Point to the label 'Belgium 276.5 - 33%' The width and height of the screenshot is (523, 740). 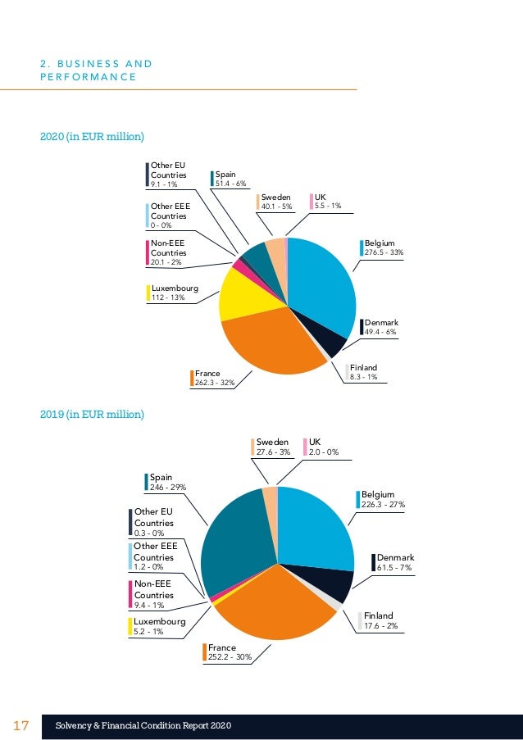click(x=382, y=248)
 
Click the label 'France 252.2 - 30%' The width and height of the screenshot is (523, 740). click(x=230, y=652)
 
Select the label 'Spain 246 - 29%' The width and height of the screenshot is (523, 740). click(x=166, y=481)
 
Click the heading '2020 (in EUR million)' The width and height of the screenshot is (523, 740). click(x=92, y=135)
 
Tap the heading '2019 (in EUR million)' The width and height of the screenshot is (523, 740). click(x=92, y=415)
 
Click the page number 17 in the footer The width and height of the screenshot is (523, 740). click(x=21, y=726)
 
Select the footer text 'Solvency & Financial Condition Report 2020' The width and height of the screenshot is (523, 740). click(x=143, y=726)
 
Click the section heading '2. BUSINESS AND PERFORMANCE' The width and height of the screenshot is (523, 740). click(x=97, y=70)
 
